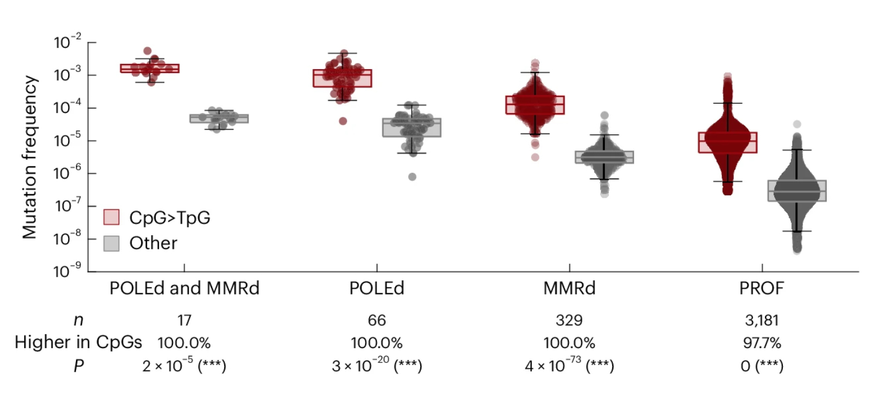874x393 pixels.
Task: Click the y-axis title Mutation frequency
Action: point(30,157)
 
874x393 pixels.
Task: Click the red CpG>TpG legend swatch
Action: point(111,217)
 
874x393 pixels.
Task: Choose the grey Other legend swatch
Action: point(111,243)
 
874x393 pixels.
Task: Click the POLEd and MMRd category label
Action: point(184,289)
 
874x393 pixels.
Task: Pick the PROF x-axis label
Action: point(762,289)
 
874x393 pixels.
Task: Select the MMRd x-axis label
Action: point(569,289)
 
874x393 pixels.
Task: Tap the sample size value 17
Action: point(184,321)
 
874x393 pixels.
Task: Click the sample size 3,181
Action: point(762,321)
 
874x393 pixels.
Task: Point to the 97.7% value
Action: point(762,343)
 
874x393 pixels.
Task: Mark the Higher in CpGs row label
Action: point(78,343)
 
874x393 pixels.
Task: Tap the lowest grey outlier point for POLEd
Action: point(412,177)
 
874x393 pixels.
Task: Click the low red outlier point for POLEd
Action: point(343,121)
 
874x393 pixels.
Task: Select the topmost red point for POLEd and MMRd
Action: point(148,51)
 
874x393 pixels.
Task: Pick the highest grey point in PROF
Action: point(797,124)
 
